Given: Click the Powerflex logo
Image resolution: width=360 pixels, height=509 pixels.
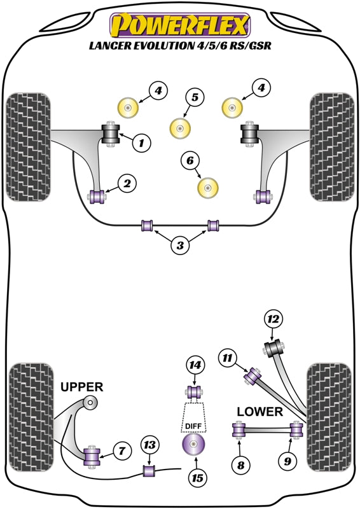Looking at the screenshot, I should pos(180,26).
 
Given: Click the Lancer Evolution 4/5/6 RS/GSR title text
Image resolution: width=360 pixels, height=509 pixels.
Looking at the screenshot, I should pos(180,46).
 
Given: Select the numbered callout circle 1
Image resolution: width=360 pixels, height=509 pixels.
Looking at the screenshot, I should pos(142,144).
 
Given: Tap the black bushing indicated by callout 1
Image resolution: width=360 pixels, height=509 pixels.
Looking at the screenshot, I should pos(111,134).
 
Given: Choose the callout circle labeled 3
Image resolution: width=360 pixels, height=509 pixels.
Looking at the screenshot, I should pos(181,244).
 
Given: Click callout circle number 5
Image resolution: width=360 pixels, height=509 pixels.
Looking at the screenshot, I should pos(195,97).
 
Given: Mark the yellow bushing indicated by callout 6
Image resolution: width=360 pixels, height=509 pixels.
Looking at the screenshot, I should pos(208,186).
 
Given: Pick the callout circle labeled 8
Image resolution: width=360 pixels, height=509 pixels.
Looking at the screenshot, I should pos(241,466).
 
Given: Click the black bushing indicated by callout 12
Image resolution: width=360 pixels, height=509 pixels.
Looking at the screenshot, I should pos(273,349).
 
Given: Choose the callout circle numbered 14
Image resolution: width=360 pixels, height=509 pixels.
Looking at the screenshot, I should pos(196,365).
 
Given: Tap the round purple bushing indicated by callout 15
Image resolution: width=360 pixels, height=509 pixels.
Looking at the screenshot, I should pos(195,443).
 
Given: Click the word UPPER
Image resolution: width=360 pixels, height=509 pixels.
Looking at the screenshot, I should pos(81,387).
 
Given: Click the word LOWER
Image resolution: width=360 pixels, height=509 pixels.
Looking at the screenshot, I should pos(260,412).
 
